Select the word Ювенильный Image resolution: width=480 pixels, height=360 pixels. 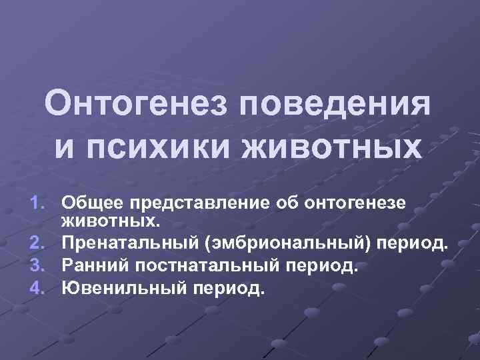pos(115,288)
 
